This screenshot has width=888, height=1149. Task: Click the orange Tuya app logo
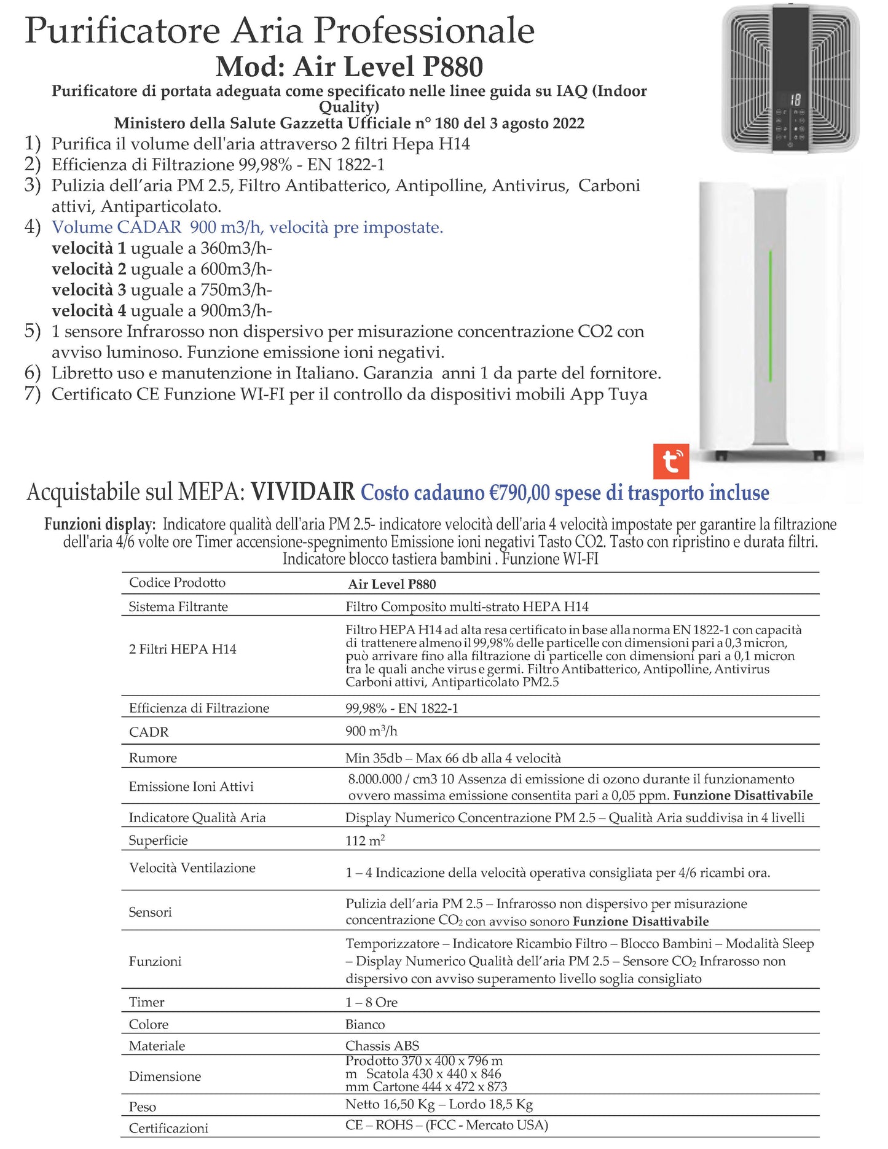[670, 461]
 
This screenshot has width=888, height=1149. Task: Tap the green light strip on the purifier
[770, 316]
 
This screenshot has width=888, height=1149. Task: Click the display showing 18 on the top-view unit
[795, 100]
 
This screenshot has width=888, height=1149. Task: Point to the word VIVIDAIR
[303, 492]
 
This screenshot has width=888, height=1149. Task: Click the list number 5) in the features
[33, 331]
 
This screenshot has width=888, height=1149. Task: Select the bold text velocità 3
[89, 289]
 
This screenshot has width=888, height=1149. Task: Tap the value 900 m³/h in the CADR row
[371, 731]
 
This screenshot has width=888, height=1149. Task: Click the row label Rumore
[153, 758]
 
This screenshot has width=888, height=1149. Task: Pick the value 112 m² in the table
[365, 841]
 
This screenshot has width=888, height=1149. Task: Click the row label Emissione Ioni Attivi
[191, 786]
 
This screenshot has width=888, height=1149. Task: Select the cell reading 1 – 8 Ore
[371, 1002]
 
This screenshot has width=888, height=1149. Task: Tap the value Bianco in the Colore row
[365, 1024]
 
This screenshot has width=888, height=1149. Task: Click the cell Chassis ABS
[382, 1046]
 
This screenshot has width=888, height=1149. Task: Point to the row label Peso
[143, 1107]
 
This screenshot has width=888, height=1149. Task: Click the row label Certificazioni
[168, 1128]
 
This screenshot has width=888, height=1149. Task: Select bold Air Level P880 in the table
[392, 584]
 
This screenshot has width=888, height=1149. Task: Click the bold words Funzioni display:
[99, 524]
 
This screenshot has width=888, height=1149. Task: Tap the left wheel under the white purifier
[721, 457]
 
